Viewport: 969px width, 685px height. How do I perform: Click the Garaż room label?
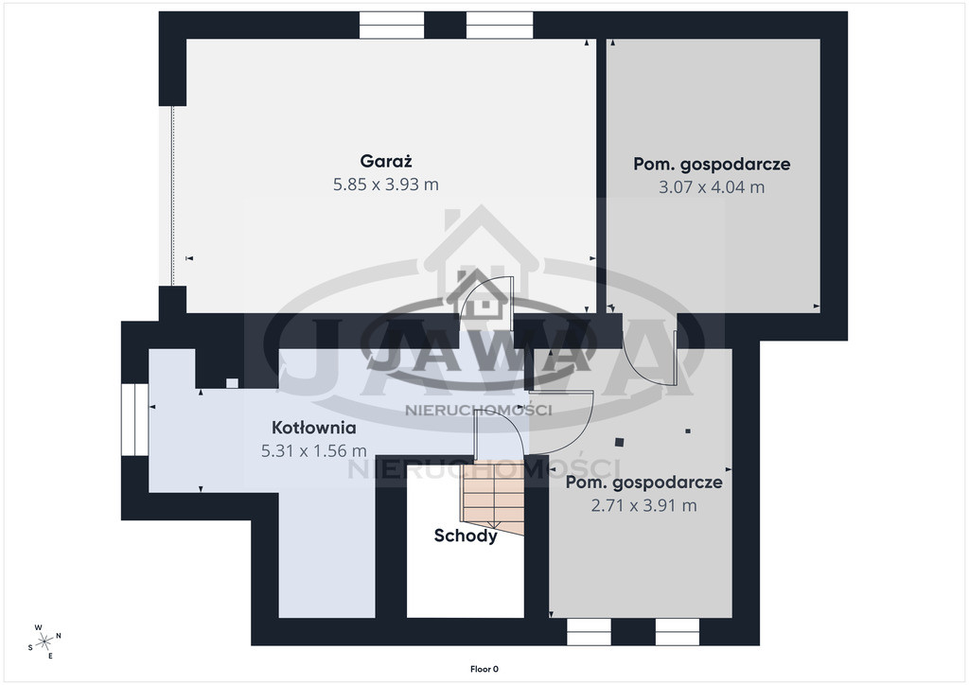[386, 161]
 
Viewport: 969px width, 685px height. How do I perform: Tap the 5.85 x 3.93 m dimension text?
[386, 184]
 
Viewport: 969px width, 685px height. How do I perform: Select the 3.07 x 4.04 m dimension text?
[712, 186]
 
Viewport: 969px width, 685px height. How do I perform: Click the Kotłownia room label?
[314, 428]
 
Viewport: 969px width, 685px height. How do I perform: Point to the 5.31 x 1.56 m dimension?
[314, 451]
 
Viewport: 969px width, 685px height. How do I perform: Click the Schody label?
[466, 536]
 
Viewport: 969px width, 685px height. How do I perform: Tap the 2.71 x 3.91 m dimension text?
[643, 505]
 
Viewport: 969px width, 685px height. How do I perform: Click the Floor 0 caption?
[484, 669]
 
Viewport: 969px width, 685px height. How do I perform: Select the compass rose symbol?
[44, 641]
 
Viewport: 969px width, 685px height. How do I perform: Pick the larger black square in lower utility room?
[619, 442]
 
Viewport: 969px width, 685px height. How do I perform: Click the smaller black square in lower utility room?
[688, 431]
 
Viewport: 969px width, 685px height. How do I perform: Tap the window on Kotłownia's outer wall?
[134, 420]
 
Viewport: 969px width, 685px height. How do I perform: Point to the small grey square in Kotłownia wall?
[232, 383]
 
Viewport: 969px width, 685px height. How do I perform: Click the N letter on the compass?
[59, 635]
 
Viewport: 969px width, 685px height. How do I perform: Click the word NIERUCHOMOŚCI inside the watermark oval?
[478, 410]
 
